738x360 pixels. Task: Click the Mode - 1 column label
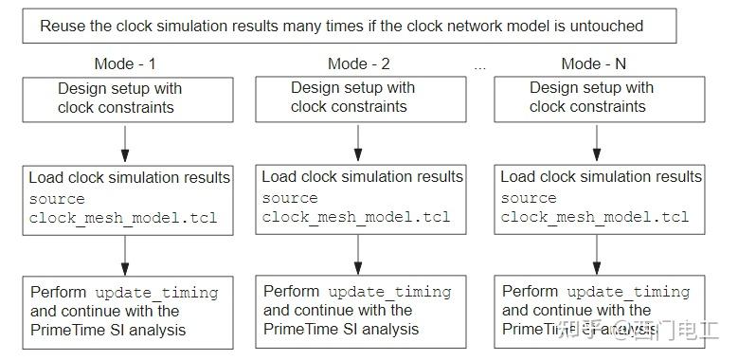124,64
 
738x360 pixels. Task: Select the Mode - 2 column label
359,64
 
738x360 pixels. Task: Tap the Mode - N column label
594,64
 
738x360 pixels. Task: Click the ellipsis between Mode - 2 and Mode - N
479,66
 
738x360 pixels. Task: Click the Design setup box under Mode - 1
127,99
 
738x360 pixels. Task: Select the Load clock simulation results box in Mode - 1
127,198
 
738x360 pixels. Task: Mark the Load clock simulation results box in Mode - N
599,198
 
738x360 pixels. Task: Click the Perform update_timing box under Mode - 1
127,310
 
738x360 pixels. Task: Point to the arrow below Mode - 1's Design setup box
125,143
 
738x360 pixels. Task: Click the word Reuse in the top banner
62,26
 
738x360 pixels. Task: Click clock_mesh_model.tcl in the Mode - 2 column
356,217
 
